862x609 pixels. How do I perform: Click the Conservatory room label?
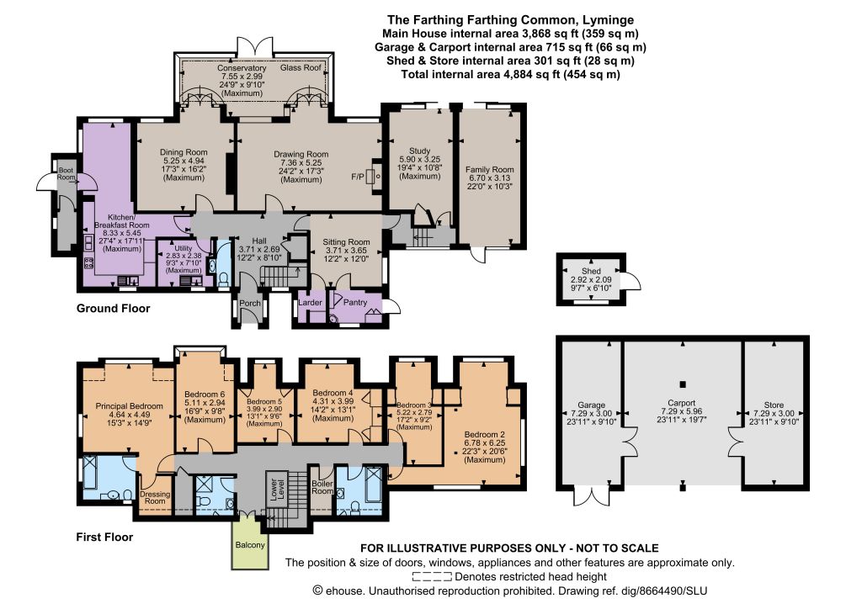pos(242,68)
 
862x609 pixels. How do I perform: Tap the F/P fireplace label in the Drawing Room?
pos(357,177)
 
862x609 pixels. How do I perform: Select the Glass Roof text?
pos(301,67)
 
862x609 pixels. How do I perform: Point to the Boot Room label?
pos(66,173)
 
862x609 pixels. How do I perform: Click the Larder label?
pos(310,302)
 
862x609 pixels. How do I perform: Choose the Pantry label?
pos(355,302)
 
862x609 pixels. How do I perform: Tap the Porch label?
pos(250,303)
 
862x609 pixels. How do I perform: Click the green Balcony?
pos(250,545)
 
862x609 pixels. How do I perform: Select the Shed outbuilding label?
pos(591,271)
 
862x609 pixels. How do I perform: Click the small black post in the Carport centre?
pos(683,384)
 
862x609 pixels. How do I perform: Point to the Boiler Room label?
pos(322,487)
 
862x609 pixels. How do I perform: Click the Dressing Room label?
pos(155,497)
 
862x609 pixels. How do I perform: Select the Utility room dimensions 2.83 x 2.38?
pos(184,256)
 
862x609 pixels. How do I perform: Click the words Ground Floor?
pos(114,308)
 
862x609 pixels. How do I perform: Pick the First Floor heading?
pos(104,537)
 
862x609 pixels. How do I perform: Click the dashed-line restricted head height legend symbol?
pos(432,576)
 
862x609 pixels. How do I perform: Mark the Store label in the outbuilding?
pos(774,405)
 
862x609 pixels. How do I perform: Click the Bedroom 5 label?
pos(264,401)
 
